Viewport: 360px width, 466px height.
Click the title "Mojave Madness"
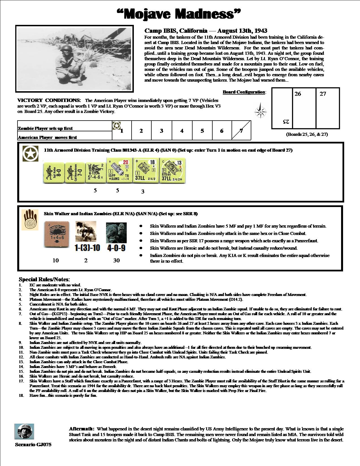pos(179,14)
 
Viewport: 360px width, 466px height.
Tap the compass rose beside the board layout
pos(259,112)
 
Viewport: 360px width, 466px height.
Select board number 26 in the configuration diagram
pos(298,94)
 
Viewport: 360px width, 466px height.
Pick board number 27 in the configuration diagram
pos(323,94)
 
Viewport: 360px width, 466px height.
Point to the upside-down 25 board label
pos(286,122)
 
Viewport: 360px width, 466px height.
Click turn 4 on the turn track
pos(182,131)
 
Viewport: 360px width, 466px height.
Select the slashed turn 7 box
pos(241,130)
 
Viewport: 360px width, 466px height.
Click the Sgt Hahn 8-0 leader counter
pos(54,173)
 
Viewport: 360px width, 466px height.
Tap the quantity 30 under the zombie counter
pos(116,260)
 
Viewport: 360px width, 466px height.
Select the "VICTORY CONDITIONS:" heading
pos(49,100)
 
